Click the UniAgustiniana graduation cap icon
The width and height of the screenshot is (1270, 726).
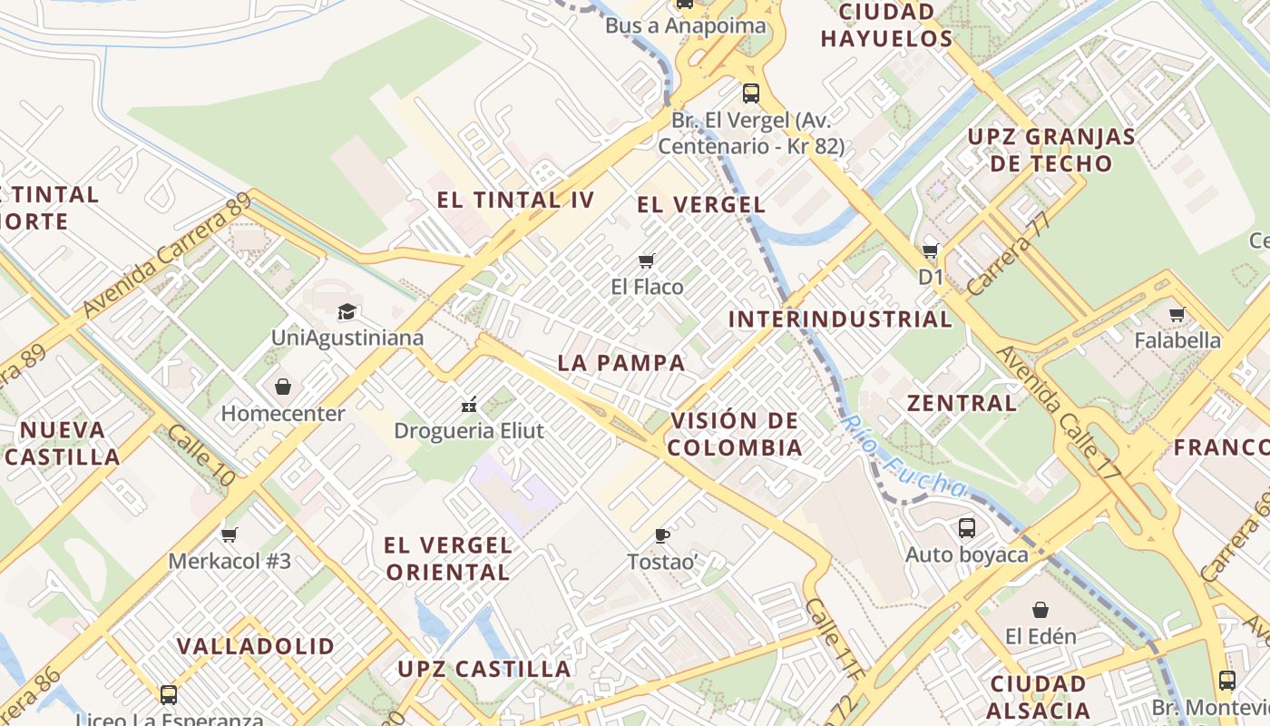pyautogui.click(x=347, y=312)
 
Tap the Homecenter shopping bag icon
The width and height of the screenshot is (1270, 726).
pyautogui.click(x=283, y=388)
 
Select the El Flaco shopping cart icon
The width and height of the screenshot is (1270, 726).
pyautogui.click(x=647, y=261)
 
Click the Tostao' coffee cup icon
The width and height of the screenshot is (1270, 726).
pyautogui.click(x=662, y=535)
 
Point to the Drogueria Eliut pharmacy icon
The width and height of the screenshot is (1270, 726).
pyautogui.click(x=469, y=404)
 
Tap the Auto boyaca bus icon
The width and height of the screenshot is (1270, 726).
pyautogui.click(x=967, y=527)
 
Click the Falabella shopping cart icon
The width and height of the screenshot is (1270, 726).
pyautogui.click(x=1177, y=314)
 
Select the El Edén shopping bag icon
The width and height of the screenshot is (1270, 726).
pyautogui.click(x=1040, y=610)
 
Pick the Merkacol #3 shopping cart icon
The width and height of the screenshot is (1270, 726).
pyautogui.click(x=230, y=535)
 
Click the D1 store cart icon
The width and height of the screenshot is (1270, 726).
pyautogui.click(x=931, y=250)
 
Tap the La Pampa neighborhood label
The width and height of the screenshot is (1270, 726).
pyautogui.click(x=621, y=363)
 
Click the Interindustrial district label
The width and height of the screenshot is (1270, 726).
pyautogui.click(x=840, y=319)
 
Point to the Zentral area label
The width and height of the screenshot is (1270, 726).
pyautogui.click(x=962, y=403)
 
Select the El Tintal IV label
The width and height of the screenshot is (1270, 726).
pyautogui.click(x=515, y=201)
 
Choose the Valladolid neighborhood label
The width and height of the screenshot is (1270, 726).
pyautogui.click(x=256, y=646)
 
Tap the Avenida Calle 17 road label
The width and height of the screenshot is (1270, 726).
pyautogui.click(x=1060, y=410)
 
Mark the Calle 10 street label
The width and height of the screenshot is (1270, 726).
pyautogui.click(x=201, y=456)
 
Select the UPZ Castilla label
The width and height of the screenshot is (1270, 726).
pyautogui.click(x=484, y=670)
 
